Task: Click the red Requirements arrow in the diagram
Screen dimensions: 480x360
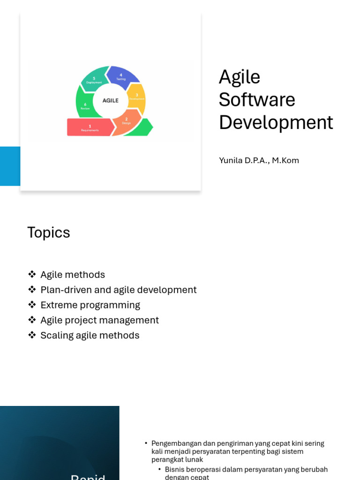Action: click(x=90, y=127)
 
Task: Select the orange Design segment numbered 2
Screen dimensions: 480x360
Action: click(x=126, y=121)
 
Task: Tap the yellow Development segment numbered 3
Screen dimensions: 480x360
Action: click(x=136, y=97)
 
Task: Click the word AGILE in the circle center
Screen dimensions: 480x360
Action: click(x=111, y=100)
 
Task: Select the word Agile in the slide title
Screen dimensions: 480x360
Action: click(x=239, y=77)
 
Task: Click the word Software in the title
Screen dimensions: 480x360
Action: click(x=257, y=99)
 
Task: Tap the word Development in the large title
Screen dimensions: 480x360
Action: click(x=276, y=122)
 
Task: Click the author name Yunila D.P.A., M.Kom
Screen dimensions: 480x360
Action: click(x=259, y=160)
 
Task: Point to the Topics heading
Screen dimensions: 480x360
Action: click(x=49, y=232)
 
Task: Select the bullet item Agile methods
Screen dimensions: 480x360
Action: click(x=73, y=275)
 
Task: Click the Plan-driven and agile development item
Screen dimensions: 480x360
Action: click(x=118, y=290)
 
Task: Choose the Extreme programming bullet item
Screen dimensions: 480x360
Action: click(x=90, y=305)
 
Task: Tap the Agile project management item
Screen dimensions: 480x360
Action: click(x=99, y=320)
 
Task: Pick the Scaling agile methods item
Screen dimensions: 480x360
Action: click(x=90, y=335)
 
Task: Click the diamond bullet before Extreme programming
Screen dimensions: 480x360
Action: click(x=32, y=305)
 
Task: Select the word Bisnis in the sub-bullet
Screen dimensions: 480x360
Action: click(x=174, y=469)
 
